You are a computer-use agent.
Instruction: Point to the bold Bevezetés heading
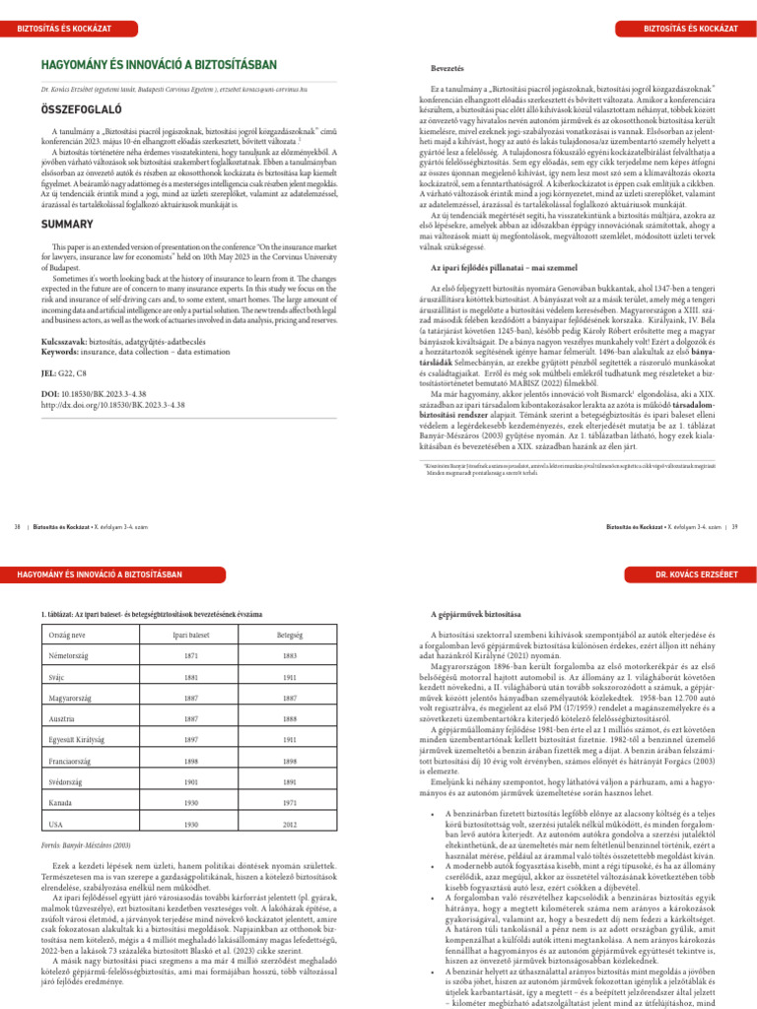[447, 68]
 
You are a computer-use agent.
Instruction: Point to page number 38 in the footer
[17, 528]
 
